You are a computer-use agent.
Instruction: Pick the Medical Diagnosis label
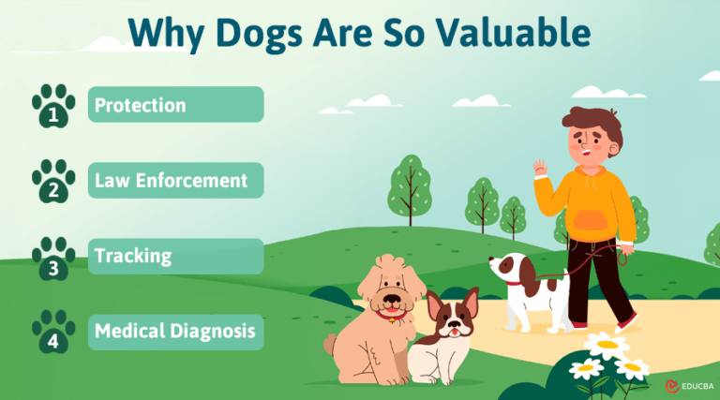(x=175, y=332)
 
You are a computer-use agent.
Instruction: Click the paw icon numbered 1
(x=53, y=106)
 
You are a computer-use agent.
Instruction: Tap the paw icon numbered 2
(x=53, y=181)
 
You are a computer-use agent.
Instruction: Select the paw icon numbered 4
(x=53, y=333)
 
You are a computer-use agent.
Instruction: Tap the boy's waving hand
(x=541, y=170)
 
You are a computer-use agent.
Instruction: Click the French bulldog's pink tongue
(x=456, y=331)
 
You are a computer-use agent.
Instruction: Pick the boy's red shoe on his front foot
(x=625, y=322)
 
